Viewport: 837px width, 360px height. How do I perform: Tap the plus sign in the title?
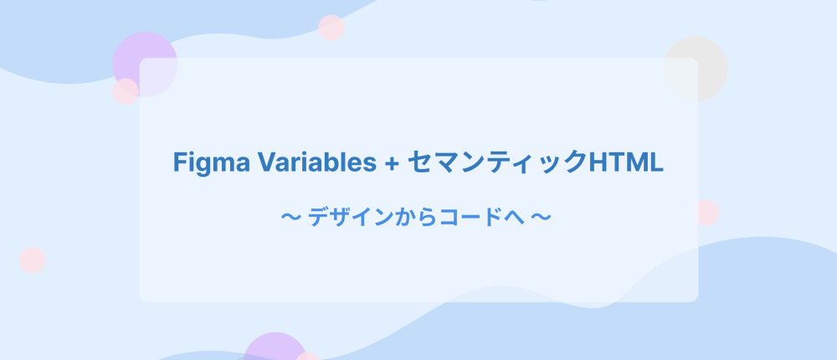[391, 163]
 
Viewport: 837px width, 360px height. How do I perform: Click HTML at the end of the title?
[625, 162]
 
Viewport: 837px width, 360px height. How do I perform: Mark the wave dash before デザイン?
[291, 218]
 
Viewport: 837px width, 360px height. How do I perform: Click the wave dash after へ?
[541, 218]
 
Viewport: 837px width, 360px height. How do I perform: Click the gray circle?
[695, 69]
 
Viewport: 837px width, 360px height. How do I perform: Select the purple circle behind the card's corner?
[145, 64]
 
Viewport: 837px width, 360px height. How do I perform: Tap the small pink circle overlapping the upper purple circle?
[126, 91]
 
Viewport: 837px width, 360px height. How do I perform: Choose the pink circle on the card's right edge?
[706, 213]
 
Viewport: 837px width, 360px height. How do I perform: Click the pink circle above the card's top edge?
[331, 28]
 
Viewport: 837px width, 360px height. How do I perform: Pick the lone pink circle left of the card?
[32, 260]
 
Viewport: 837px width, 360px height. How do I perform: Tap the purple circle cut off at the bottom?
[275, 347]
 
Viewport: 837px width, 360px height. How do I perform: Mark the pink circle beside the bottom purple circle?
[308, 357]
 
